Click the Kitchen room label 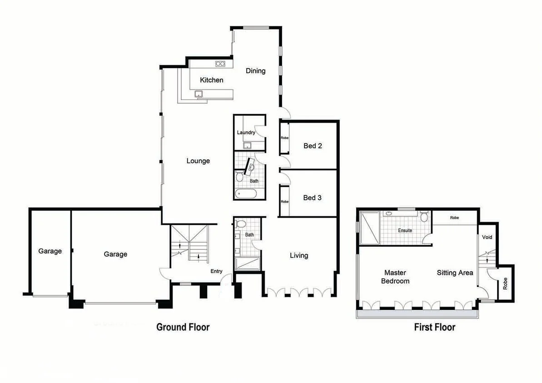tap(212, 80)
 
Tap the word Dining tap(255, 71)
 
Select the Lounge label tap(198, 161)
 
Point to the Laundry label tap(246, 133)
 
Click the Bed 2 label tap(313, 146)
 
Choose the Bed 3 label tap(313, 198)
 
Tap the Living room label tap(299, 255)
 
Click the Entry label tap(216, 271)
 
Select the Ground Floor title tap(183, 327)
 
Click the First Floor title tap(434, 327)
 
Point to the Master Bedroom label tap(395, 277)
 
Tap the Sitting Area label tap(455, 273)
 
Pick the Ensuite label tap(405, 230)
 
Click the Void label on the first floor tap(487, 237)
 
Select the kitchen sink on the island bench tap(199, 94)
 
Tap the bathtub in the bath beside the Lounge tap(246, 194)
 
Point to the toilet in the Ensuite tap(424, 217)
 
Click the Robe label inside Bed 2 tap(284, 138)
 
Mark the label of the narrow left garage tap(50, 251)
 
